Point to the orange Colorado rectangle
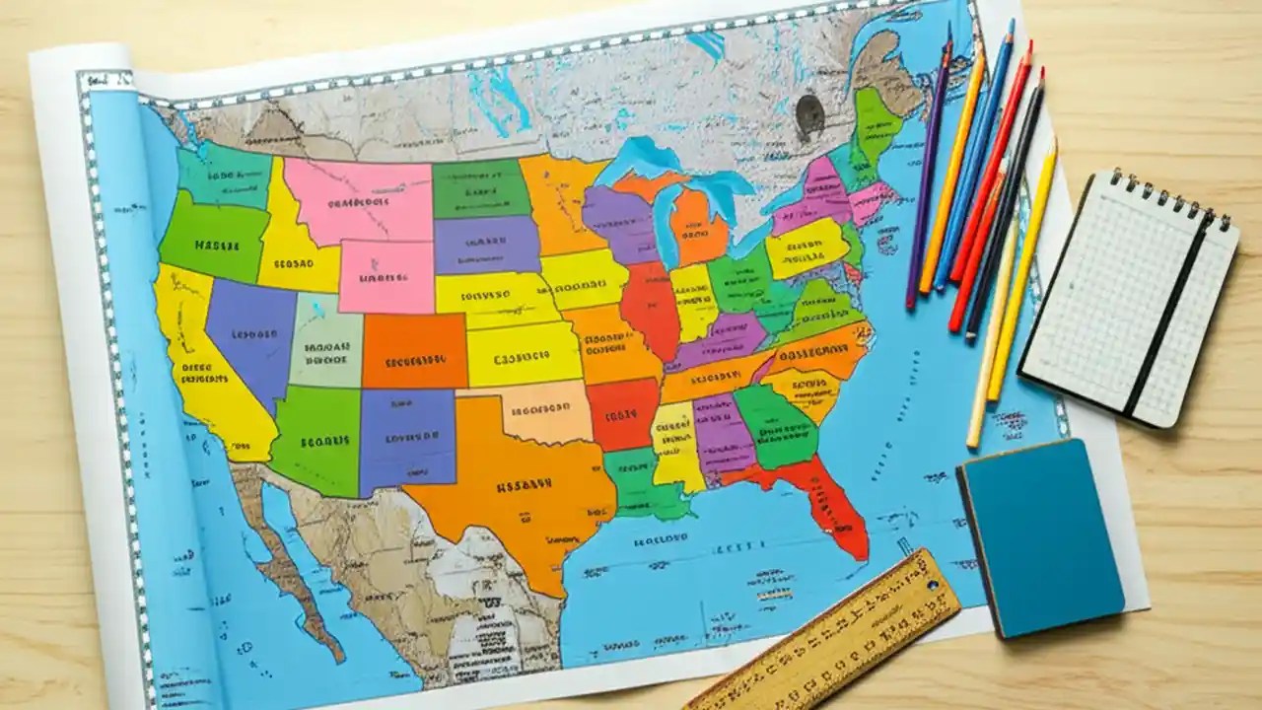tap(414, 350)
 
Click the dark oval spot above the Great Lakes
tap(809, 114)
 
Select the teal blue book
tap(1040, 537)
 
